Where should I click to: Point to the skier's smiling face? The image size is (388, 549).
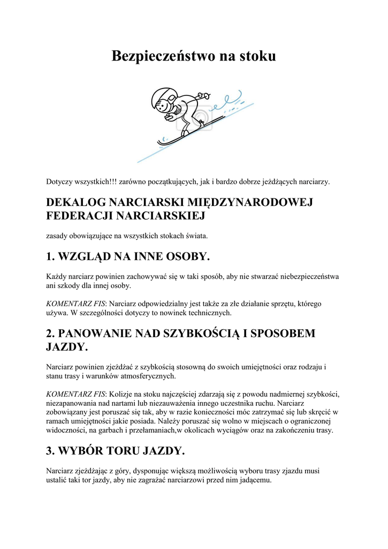click(x=173, y=108)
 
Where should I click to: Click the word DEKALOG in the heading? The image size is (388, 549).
click(x=75, y=202)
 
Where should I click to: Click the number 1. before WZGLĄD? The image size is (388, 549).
click(x=51, y=257)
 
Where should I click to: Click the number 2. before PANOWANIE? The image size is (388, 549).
click(x=51, y=333)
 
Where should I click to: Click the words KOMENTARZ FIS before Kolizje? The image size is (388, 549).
click(x=75, y=394)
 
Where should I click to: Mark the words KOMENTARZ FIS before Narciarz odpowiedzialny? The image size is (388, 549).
click(x=75, y=303)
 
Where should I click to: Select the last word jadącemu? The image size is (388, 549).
click(x=256, y=480)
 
